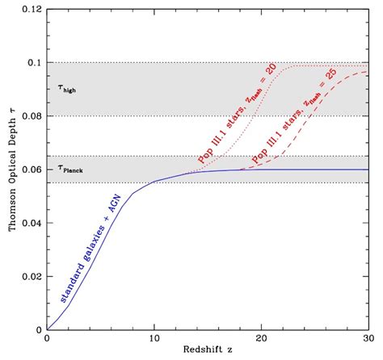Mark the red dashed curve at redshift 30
coord(368,73)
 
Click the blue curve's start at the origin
coord(48,329)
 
